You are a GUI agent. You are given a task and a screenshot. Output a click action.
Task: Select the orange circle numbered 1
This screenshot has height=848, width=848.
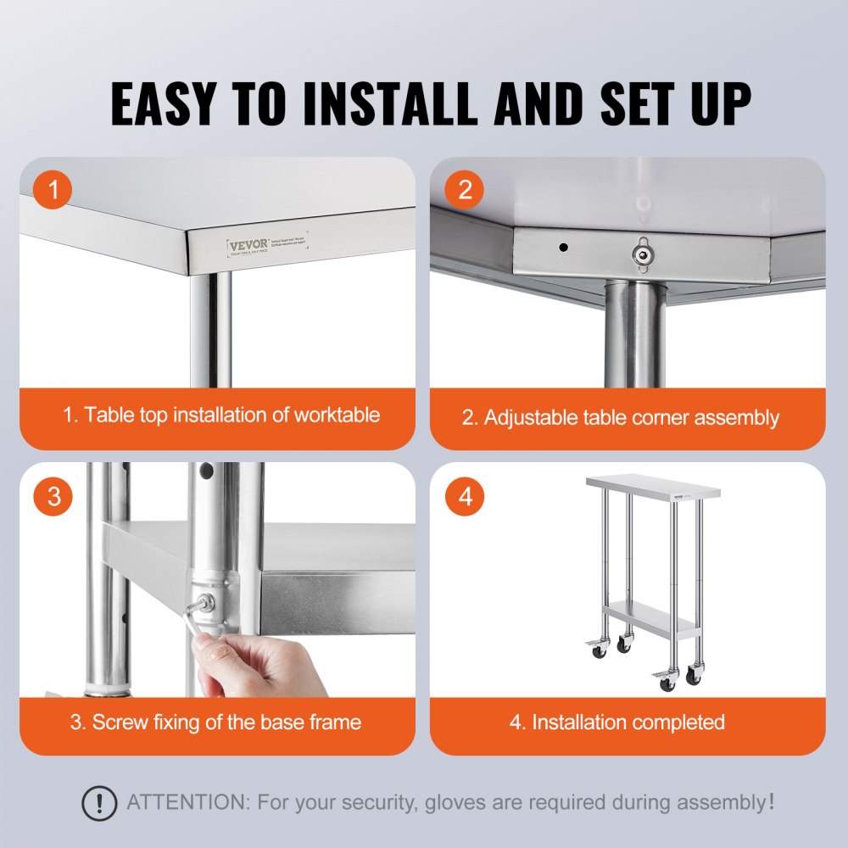[x=54, y=191]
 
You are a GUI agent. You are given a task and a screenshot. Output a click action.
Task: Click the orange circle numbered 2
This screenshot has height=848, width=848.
[x=465, y=191]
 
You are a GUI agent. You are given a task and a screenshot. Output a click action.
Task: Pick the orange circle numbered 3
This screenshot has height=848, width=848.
[x=54, y=497]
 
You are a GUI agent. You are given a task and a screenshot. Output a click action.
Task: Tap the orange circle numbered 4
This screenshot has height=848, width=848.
[x=465, y=497]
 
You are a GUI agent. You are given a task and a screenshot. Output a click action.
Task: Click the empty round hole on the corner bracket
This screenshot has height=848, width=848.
[x=562, y=247]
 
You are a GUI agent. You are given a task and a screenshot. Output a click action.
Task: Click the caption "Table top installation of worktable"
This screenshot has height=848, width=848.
[x=220, y=416]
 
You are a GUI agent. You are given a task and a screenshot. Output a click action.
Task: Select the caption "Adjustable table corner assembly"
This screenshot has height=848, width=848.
[x=631, y=417]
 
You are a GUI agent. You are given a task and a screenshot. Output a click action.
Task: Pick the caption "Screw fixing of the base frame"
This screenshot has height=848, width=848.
[x=215, y=722]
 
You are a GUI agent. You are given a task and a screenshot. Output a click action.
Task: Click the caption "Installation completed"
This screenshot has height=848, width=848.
[x=628, y=722]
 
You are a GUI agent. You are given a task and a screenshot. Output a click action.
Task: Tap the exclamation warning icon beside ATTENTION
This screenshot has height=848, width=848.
[x=99, y=801]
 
